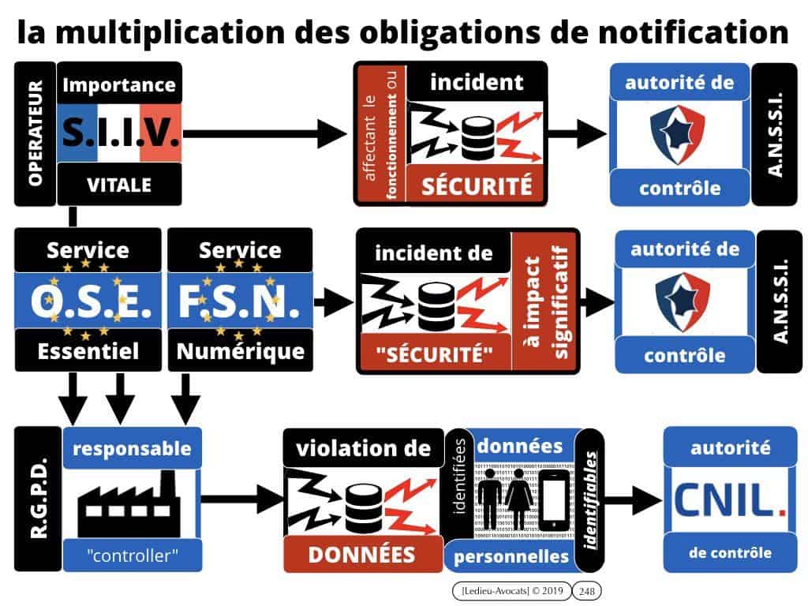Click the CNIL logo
pos(729,499)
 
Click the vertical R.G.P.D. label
pos(36,499)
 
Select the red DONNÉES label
pos(361,554)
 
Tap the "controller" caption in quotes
pos(132,555)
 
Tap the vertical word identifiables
pos(591,499)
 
